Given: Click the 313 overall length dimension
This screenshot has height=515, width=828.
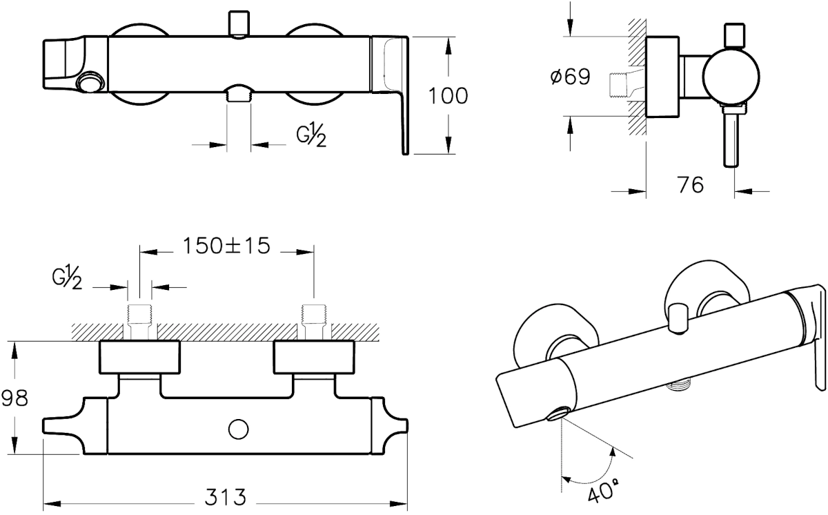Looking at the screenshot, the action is pos(226,497).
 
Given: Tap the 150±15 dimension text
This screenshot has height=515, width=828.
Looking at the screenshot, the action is pos(226,246).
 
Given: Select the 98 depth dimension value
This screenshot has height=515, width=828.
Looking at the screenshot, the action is pos(14,398).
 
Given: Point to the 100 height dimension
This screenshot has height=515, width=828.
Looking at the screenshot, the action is pos(448,96).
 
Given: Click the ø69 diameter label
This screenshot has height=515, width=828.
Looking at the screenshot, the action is pos(571,77).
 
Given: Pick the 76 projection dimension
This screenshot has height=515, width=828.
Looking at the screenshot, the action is pos(691,184).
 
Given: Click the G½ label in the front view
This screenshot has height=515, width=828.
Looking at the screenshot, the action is pos(311,135).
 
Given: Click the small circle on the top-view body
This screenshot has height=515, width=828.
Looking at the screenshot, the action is pos(239,429).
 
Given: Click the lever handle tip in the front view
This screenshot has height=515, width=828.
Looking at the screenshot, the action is pos(405,152).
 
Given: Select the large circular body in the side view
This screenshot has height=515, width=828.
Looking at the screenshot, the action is pos(731,77).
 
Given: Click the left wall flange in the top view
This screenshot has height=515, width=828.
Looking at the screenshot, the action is pos(139,357).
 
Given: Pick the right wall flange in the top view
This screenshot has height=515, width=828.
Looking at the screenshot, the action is pos(314,357).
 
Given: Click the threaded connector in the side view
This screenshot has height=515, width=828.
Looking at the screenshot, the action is pos(618,86).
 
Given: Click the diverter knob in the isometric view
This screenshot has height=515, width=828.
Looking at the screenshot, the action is pos(677,318).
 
